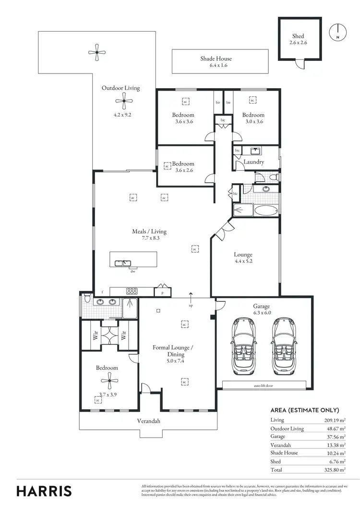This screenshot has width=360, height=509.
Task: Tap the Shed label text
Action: pyautogui.click(x=298, y=36)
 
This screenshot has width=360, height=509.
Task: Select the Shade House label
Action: pyautogui.click(x=216, y=59)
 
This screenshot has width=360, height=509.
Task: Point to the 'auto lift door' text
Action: pyautogui.click(x=264, y=385)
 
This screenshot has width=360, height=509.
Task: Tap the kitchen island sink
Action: pyautogui.click(x=124, y=262)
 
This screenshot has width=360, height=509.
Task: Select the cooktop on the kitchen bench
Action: pyautogui.click(x=132, y=291)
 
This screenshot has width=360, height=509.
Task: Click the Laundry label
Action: pyautogui.click(x=253, y=162)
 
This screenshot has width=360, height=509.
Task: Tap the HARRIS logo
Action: pyautogui.click(x=44, y=491)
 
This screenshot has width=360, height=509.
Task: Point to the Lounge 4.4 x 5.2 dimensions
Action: pyautogui.click(x=243, y=261)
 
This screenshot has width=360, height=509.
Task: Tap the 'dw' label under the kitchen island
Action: pyautogui.click(x=132, y=271)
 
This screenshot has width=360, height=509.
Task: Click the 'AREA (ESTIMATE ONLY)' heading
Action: pyautogui.click(x=305, y=410)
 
